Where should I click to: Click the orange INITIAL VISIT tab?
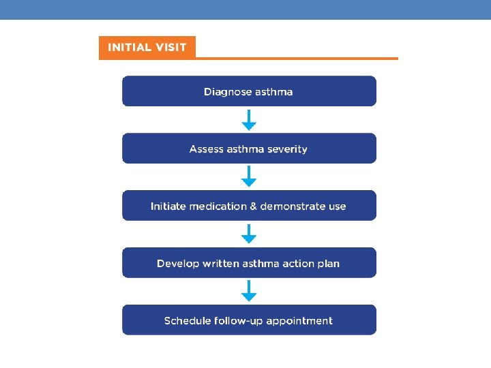click(147, 48)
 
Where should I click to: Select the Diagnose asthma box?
click(249, 91)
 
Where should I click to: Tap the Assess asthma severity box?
click(249, 149)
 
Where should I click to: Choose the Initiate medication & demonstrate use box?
click(249, 206)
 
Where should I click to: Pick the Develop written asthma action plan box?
click(249, 263)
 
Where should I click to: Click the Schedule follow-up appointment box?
click(249, 320)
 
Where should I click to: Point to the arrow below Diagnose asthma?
click(249, 121)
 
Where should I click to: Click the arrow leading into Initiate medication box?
click(249, 178)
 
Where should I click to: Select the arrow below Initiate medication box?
click(249, 235)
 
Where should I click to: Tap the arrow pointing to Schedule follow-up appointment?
click(249, 292)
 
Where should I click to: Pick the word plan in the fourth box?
click(327, 263)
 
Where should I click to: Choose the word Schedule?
click(186, 320)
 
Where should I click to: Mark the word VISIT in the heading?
click(170, 48)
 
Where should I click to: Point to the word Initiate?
click(168, 206)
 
